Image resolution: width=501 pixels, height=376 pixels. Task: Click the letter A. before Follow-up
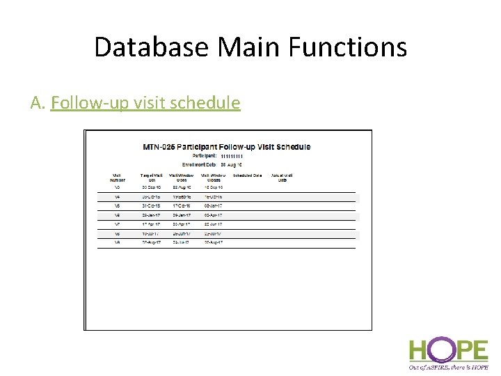[x=38, y=103]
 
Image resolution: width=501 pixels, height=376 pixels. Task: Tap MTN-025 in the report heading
[x=159, y=147]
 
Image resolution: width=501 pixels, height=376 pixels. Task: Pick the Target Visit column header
[x=151, y=178]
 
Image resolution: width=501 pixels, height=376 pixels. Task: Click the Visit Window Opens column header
[x=182, y=178]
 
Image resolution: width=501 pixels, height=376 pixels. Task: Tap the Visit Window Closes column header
[x=213, y=178]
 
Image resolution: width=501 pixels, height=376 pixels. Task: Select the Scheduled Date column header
[x=247, y=175]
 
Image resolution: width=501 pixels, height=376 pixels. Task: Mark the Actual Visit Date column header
[x=282, y=178]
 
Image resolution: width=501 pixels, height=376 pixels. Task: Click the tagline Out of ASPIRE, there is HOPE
[x=448, y=366]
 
